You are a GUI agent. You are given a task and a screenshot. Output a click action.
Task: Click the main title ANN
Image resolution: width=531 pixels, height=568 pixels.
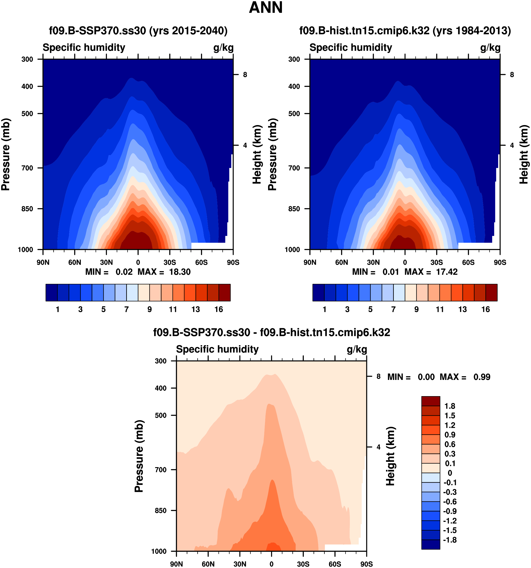click(265, 8)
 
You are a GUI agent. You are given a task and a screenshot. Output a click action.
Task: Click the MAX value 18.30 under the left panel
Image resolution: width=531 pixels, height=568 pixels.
click(180, 272)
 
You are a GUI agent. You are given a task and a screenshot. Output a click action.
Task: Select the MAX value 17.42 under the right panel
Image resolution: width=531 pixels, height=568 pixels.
click(447, 272)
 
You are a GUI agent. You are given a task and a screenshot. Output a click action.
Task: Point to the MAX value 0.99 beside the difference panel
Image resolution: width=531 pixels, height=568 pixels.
click(482, 377)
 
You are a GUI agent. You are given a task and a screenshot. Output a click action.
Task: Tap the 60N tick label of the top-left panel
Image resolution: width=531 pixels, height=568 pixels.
click(74, 262)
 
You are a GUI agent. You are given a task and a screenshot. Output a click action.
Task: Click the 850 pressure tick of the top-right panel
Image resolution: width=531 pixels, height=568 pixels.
click(294, 209)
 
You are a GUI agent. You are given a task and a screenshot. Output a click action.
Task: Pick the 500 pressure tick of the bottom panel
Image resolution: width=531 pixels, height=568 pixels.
click(161, 415)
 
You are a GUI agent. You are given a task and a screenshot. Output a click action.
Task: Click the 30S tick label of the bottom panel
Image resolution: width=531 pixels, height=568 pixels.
click(303, 564)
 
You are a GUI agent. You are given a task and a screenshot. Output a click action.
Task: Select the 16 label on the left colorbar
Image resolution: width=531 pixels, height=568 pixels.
click(219, 309)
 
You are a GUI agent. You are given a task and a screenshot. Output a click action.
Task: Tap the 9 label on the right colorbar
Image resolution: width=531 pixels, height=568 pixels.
click(417, 309)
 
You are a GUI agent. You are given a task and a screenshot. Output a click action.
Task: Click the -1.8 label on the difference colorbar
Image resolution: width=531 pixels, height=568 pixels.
click(450, 540)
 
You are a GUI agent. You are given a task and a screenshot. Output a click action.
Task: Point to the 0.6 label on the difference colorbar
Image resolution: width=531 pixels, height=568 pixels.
click(450, 444)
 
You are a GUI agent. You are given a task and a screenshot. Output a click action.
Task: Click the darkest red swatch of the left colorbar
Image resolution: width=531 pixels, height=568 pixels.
click(224, 292)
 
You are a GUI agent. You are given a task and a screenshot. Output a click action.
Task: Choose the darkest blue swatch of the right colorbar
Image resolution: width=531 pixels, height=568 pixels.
click(318, 292)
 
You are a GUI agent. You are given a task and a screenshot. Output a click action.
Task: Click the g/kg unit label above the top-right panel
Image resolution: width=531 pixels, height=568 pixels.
click(490, 48)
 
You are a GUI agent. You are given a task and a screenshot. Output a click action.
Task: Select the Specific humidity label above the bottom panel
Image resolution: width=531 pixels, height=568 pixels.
click(217, 349)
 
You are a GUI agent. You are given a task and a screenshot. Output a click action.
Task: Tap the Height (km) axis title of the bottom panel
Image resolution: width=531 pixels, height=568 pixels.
click(390, 456)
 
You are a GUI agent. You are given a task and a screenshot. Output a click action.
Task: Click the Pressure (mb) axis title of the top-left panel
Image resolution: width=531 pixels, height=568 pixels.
click(6, 154)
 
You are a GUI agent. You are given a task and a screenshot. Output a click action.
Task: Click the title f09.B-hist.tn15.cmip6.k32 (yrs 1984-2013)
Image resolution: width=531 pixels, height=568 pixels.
click(405, 31)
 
